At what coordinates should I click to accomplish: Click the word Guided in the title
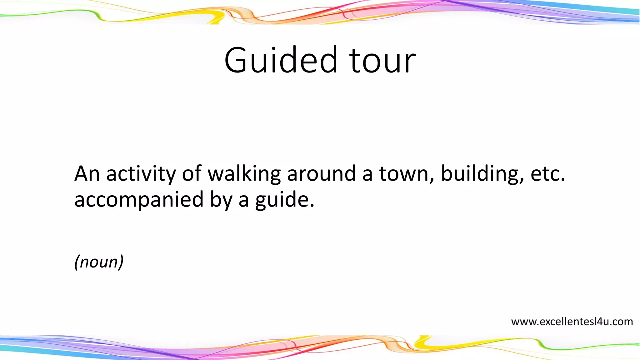281,60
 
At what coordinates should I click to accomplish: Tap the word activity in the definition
141,174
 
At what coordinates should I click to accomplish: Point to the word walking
244,174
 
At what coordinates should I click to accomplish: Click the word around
321,174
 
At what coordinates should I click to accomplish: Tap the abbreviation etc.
547,174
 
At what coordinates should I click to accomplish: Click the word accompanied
139,200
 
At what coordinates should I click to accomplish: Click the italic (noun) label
99,262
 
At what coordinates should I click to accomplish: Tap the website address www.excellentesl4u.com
572,322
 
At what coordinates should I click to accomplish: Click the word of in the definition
192,174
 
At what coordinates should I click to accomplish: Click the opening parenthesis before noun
77,262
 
